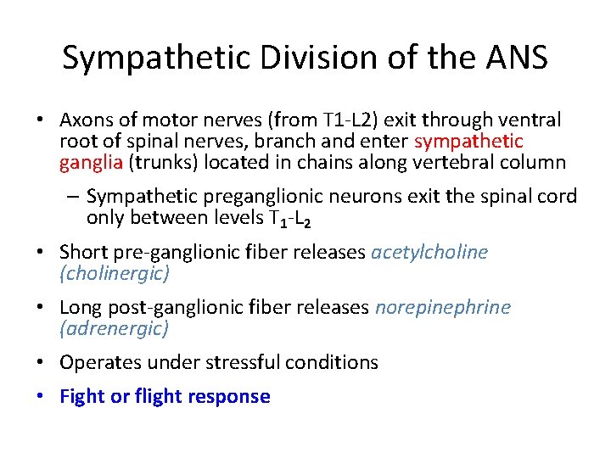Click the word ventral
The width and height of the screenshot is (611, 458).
pyautogui.click(x=531, y=120)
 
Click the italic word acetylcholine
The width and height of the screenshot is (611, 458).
pyautogui.click(x=429, y=252)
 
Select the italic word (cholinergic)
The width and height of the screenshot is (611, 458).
pyautogui.click(x=115, y=273)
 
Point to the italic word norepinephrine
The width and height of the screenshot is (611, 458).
pyautogui.click(x=443, y=307)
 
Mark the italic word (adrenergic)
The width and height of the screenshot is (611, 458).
pyautogui.click(x=115, y=328)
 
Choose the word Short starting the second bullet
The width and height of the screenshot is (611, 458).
pyautogui.click(x=82, y=252)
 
